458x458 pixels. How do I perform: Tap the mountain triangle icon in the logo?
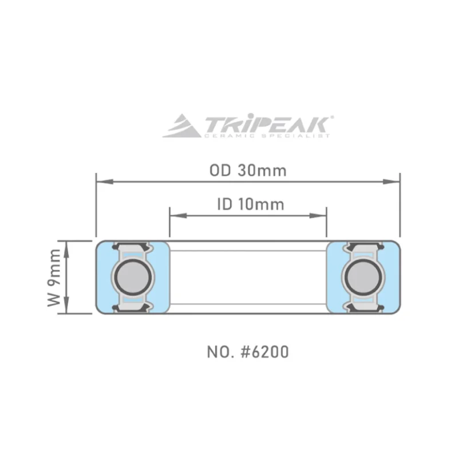(181, 126)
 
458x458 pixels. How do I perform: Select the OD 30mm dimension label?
(248, 170)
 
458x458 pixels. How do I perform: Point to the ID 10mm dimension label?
(251, 204)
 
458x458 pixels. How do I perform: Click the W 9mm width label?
(54, 278)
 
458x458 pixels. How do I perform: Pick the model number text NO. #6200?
(248, 352)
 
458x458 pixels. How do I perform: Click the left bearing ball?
(133, 277)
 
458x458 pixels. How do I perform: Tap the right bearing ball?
(364, 277)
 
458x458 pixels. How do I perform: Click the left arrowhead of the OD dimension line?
(105, 181)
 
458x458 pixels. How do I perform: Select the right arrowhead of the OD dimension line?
(392, 181)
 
